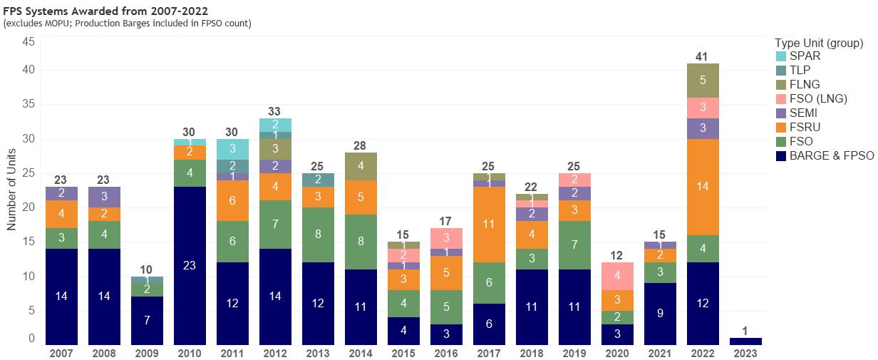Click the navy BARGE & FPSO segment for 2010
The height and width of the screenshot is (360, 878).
click(x=189, y=266)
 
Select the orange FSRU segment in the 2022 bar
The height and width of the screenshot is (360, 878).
click(x=702, y=187)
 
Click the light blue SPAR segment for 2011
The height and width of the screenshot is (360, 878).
click(x=232, y=149)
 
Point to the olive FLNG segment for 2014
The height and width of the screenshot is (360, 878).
click(x=360, y=166)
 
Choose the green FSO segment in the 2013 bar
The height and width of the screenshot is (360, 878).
click(x=317, y=235)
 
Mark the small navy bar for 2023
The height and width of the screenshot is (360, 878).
click(x=745, y=341)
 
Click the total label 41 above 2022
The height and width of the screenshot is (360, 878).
click(x=702, y=56)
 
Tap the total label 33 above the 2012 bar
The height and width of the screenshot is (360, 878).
click(x=274, y=111)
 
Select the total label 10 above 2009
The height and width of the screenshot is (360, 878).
click(x=146, y=269)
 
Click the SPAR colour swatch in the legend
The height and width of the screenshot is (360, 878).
click(x=780, y=56)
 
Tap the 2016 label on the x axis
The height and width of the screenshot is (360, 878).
click(x=445, y=353)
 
